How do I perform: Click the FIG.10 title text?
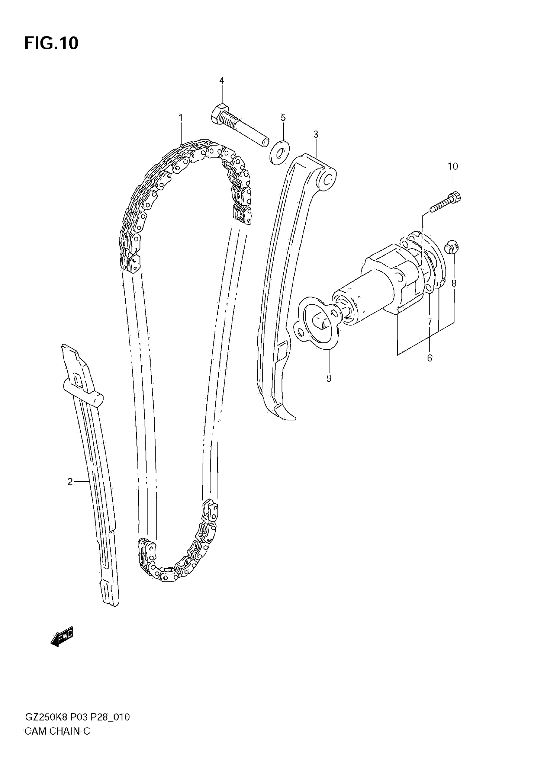click(x=52, y=43)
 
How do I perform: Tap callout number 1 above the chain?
click(x=180, y=118)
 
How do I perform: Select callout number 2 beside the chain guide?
click(x=70, y=482)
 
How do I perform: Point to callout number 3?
click(x=316, y=134)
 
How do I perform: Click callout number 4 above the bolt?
click(x=222, y=80)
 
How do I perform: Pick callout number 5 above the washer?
click(x=283, y=118)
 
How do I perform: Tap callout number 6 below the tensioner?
click(x=430, y=358)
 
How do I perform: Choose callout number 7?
click(x=430, y=322)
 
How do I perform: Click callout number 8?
click(x=454, y=283)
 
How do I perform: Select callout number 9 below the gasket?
click(x=329, y=378)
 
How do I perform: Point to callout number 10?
click(x=453, y=166)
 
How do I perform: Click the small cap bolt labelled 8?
click(x=451, y=247)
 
